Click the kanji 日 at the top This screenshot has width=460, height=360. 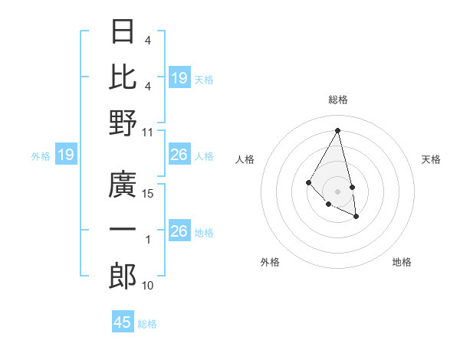[123, 31]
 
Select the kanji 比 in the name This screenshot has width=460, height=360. [123, 77]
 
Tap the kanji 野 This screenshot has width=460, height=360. [123, 122]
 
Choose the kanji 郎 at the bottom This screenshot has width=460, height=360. [123, 276]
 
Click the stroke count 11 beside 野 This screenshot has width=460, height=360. [149, 132]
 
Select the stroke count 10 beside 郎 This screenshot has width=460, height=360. [149, 286]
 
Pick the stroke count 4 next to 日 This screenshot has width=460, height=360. [148, 41]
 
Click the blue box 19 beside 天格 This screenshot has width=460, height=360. [179, 77]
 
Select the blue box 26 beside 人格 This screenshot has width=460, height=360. [179, 155]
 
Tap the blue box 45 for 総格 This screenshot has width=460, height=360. [123, 322]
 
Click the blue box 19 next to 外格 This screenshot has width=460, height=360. [66, 155]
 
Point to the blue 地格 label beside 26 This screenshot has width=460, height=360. [205, 232]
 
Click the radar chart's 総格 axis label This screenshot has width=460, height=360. [338, 100]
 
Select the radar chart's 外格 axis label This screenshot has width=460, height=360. [270, 262]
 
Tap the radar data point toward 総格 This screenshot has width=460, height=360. [338, 130]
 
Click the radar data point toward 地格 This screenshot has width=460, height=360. [356, 217]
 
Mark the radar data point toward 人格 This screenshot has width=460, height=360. [308, 182]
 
